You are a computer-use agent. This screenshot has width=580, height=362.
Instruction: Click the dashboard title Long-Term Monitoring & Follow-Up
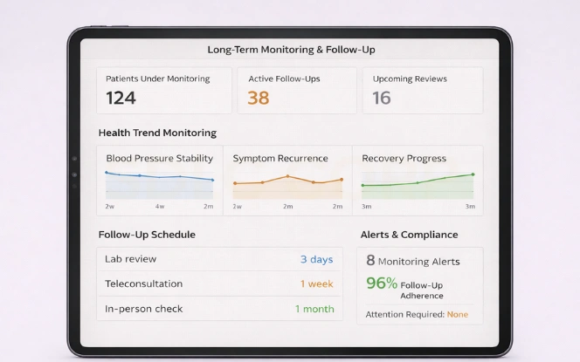click(x=291, y=50)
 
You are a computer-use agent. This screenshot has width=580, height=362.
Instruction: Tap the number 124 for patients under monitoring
click(x=121, y=98)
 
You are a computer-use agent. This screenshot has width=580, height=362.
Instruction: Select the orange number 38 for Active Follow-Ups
click(x=259, y=98)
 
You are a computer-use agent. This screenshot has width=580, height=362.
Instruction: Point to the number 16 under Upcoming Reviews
click(x=382, y=98)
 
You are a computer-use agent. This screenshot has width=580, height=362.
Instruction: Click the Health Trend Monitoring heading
click(x=157, y=133)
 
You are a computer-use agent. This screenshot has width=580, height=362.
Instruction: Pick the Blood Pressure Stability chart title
click(x=159, y=159)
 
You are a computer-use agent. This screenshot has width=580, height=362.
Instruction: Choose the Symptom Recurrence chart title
click(x=280, y=159)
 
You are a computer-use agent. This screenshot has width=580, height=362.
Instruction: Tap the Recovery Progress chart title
click(x=404, y=159)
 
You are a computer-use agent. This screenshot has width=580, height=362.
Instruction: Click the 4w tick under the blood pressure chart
click(x=160, y=207)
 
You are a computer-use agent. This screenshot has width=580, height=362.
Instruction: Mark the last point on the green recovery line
click(x=473, y=174)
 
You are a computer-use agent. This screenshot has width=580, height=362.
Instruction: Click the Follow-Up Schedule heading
click(x=147, y=235)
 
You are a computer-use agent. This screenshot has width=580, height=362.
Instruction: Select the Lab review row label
click(x=131, y=259)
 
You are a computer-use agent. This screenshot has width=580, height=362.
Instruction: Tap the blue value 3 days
click(x=316, y=259)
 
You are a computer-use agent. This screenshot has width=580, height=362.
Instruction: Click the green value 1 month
click(x=314, y=309)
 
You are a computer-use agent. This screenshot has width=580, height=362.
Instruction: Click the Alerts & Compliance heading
click(x=409, y=235)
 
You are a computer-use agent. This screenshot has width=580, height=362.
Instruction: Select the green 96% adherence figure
click(x=381, y=283)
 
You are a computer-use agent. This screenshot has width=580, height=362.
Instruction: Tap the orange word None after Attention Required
click(x=457, y=314)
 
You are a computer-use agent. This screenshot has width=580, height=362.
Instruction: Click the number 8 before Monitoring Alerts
click(x=370, y=260)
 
